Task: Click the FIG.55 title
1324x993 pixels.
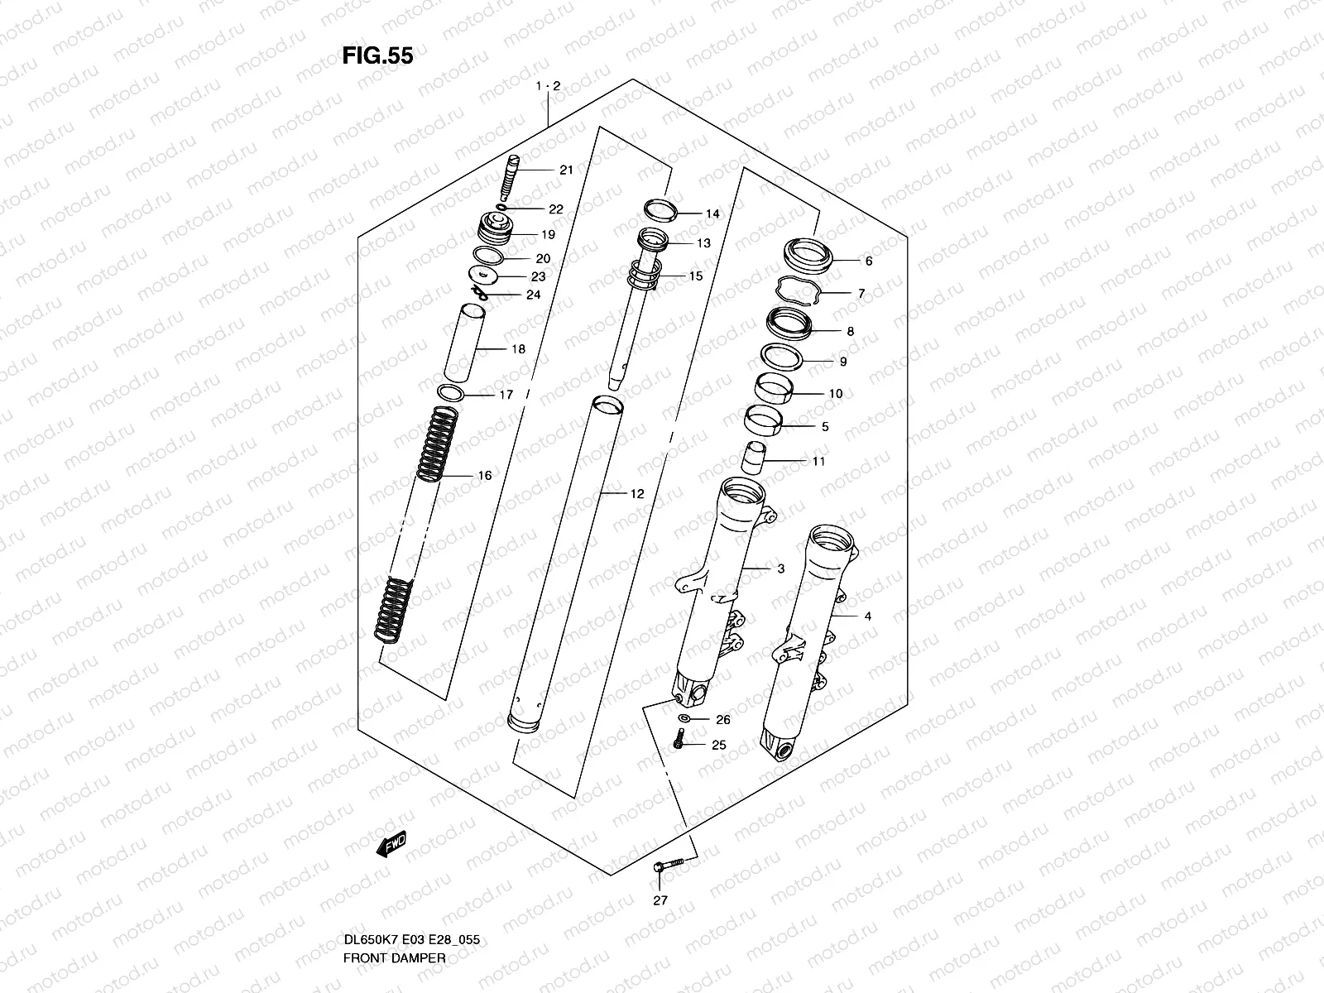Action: point(377,55)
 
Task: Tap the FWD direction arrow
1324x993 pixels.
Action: point(391,843)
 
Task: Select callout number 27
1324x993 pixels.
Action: point(660,901)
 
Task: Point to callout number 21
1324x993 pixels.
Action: point(566,170)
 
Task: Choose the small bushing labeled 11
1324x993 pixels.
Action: point(754,457)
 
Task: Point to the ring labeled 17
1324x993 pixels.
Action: point(450,392)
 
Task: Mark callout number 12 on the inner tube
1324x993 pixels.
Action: point(636,494)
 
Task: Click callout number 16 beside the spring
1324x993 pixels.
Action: point(485,476)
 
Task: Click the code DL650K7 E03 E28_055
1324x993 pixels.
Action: point(411,940)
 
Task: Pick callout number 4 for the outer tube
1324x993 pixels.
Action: point(867,616)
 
